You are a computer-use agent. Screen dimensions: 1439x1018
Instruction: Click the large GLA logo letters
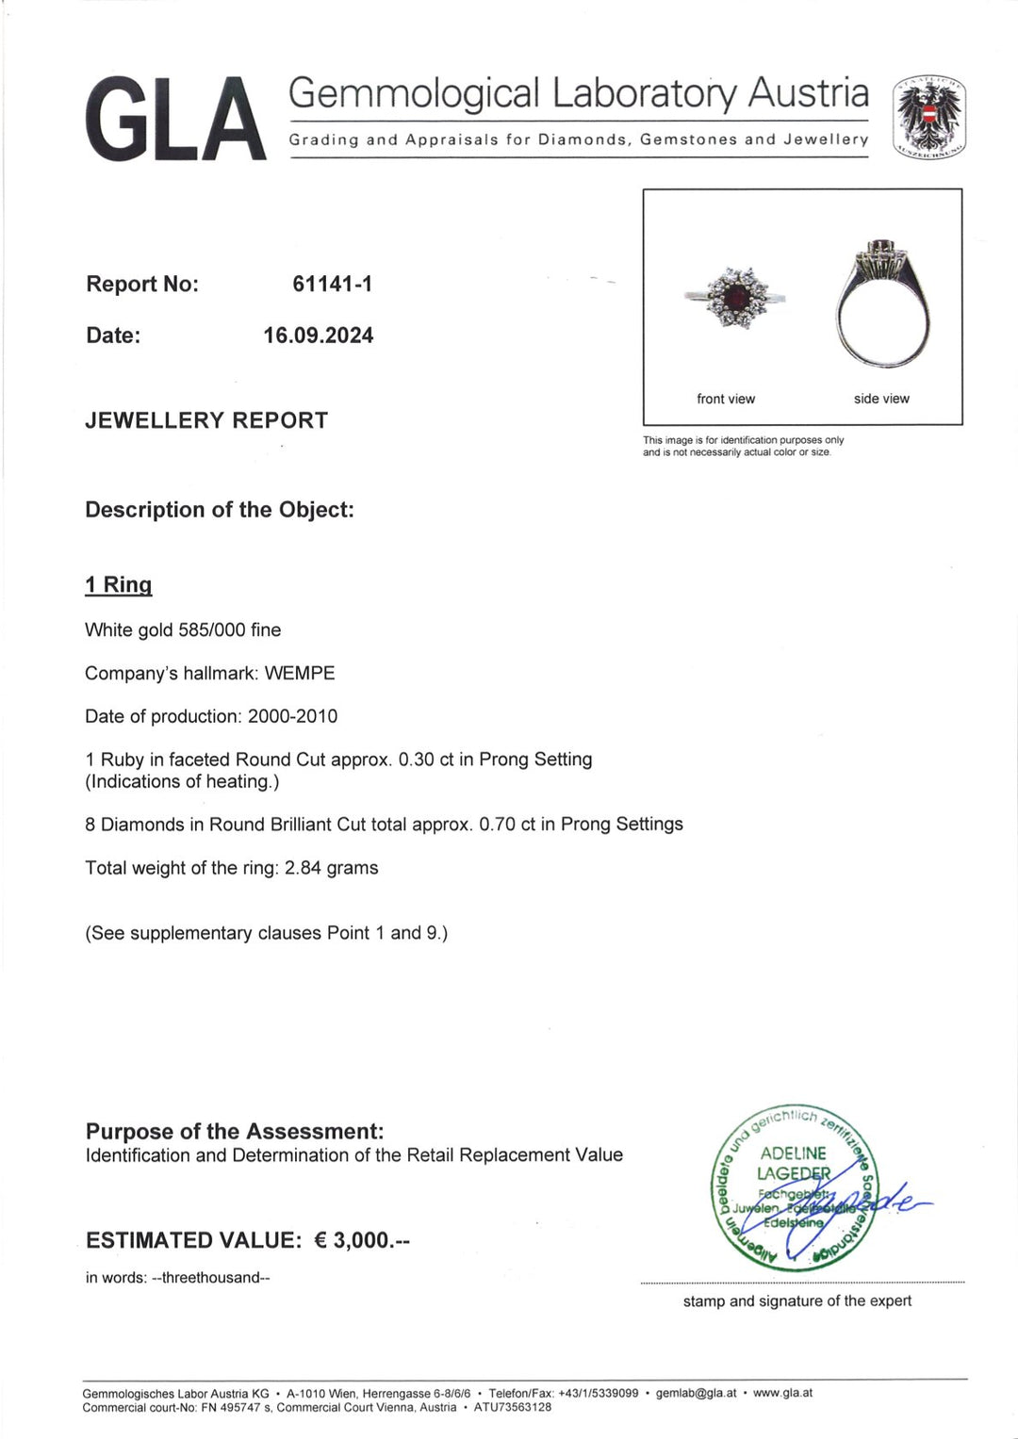[175, 119]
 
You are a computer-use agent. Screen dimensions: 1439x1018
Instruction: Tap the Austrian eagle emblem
[929, 116]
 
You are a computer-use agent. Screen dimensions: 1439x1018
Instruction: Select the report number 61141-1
[332, 284]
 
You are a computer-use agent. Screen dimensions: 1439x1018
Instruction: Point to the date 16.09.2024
[319, 335]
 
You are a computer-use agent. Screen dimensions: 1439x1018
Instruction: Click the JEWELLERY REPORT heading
[206, 420]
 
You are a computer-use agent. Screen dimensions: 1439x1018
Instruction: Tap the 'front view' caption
[726, 399]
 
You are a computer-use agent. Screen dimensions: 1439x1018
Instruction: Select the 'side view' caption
[881, 399]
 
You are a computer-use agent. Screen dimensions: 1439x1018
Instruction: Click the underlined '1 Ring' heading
[118, 584]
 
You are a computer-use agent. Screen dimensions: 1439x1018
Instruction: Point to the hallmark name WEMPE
[300, 673]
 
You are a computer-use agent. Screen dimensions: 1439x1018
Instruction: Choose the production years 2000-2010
[292, 716]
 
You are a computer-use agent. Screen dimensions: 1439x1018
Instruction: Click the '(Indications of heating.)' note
[182, 781]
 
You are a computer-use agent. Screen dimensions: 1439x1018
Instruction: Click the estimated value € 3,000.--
[361, 1240]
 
